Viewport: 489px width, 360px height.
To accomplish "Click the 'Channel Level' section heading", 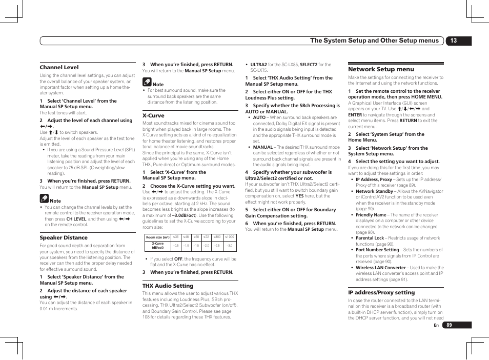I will [x=59, y=67].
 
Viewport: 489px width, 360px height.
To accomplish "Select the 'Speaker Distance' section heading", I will [x=64, y=237].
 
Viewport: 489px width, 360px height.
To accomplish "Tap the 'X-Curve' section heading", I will [x=153, y=115].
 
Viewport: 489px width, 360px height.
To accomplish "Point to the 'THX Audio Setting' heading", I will [x=168, y=286].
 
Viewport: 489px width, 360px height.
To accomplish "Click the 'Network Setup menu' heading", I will [x=381, y=69].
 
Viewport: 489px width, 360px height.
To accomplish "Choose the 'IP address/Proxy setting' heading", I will [x=381, y=292].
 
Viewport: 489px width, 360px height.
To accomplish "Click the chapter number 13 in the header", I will [x=453, y=41].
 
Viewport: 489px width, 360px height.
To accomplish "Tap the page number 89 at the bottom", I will [x=450, y=325].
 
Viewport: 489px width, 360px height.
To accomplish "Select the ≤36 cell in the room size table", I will [x=176, y=237].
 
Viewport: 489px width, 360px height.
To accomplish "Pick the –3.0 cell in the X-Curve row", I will [x=229, y=246].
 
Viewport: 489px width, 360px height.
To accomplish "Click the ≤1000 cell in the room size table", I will [x=229, y=237].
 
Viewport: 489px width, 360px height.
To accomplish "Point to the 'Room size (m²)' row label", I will [x=157, y=237].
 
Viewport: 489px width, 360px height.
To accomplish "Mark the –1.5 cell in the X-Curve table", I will [x=196, y=246].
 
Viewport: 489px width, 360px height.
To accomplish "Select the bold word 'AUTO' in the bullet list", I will [x=259, y=117].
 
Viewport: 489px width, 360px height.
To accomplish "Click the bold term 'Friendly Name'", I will [x=371, y=215].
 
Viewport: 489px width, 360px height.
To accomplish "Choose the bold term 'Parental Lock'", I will [x=370, y=238].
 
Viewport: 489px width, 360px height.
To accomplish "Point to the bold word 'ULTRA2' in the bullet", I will [x=258, y=65].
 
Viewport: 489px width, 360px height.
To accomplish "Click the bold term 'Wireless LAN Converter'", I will [x=380, y=268].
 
